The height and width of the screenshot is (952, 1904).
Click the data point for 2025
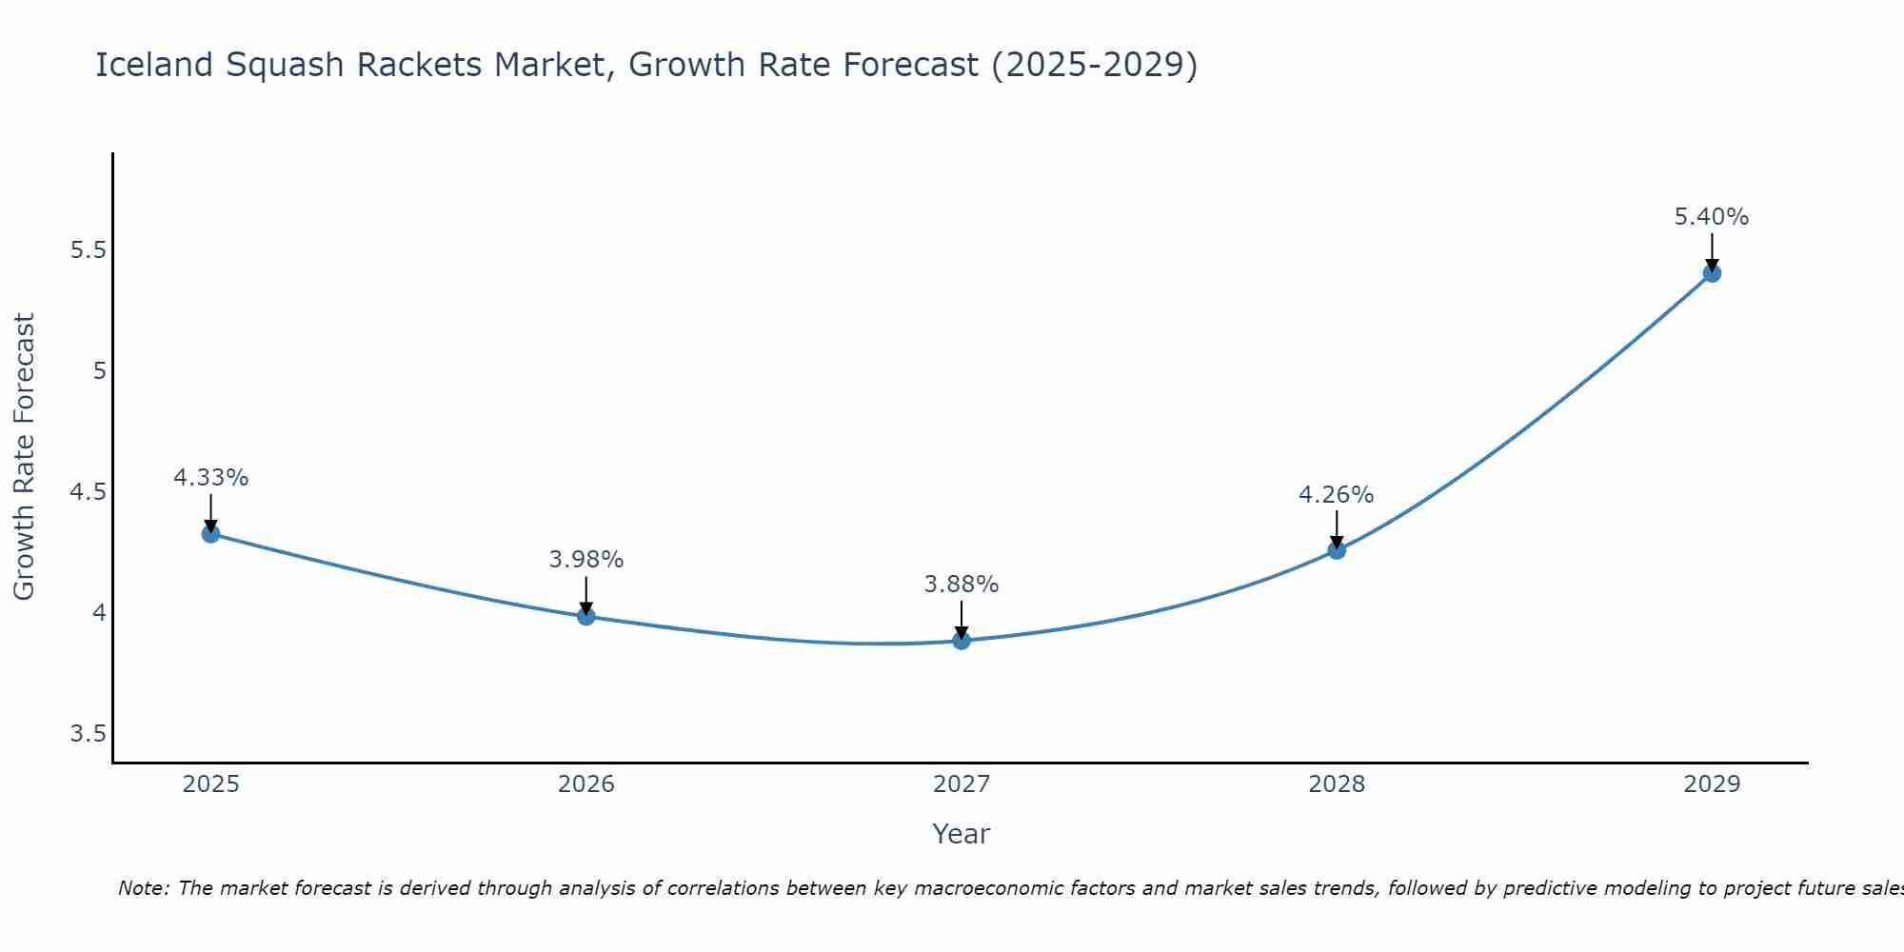[210, 533]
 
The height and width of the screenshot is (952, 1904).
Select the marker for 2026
[585, 616]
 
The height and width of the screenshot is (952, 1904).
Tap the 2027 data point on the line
[961, 641]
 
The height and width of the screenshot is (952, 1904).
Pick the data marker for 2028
[1336, 549]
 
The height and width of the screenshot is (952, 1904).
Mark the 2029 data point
[1711, 273]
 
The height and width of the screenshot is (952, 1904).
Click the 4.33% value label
[210, 478]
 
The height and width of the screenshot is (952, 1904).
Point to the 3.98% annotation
[585, 560]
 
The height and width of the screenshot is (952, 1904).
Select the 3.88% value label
[961, 585]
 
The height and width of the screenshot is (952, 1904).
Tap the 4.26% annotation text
[1336, 495]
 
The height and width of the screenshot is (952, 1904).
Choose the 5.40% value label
[1711, 217]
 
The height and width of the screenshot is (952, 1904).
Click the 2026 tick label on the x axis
[585, 784]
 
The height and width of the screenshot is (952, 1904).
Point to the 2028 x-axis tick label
[1336, 784]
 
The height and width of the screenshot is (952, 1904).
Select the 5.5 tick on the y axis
[88, 250]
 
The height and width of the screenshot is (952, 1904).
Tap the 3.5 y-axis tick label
[88, 734]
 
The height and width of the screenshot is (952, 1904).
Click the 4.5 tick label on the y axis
[88, 492]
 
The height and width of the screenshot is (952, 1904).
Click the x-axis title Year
[961, 834]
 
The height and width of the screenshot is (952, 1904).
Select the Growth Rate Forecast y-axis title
[24, 457]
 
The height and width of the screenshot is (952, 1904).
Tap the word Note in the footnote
[143, 888]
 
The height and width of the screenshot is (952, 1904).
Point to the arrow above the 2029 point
[1711, 251]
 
